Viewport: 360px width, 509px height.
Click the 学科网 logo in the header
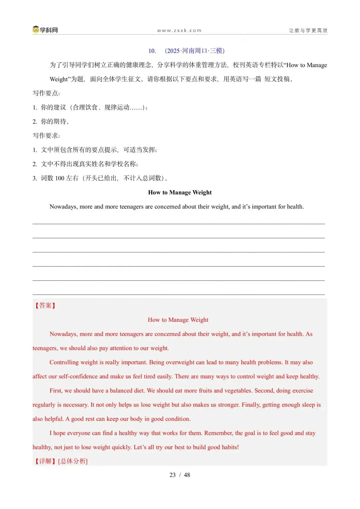(45, 30)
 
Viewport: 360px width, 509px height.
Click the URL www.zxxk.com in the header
(179, 31)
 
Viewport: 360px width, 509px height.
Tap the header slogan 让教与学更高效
(308, 31)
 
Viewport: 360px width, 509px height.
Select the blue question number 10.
(152, 51)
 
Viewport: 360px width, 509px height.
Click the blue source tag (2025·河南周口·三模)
(195, 51)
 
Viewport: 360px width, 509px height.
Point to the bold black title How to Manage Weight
(180, 193)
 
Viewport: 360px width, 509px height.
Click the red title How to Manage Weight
(178, 320)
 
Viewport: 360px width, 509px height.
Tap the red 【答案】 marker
(45, 305)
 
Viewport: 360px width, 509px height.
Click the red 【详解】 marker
(45, 461)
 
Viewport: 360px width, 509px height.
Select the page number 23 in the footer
(173, 475)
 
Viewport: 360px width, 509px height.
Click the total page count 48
(187, 475)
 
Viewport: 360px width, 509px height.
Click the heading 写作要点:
(46, 93)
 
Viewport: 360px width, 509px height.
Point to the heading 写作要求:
(46, 136)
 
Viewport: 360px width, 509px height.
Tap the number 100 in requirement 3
(60, 178)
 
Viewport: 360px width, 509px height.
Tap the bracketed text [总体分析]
(73, 461)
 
